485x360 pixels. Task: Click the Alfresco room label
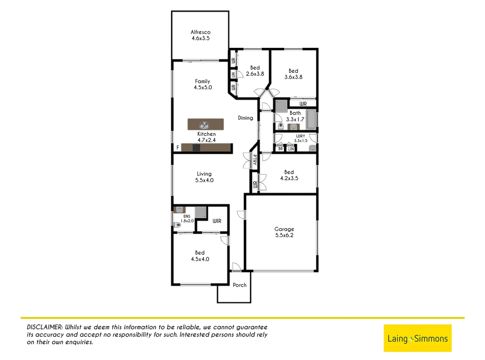click(x=200, y=35)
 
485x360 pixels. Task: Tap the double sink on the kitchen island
click(x=204, y=125)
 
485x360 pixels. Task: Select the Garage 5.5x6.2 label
click(x=284, y=232)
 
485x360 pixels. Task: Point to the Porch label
click(x=240, y=285)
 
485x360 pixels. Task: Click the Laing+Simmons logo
click(x=417, y=338)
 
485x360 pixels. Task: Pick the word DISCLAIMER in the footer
click(x=45, y=327)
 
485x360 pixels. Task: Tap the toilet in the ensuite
click(x=177, y=225)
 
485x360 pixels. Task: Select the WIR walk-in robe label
click(x=217, y=221)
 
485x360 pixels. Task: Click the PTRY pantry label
click(x=255, y=160)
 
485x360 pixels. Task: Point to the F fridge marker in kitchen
click(x=178, y=147)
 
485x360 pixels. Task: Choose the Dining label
click(x=245, y=118)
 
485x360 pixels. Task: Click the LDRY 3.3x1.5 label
click(x=300, y=138)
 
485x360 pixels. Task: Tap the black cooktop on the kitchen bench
click(x=196, y=147)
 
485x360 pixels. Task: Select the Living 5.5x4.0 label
click(x=204, y=177)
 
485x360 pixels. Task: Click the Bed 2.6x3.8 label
click(x=255, y=71)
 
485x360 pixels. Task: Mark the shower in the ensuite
click(x=201, y=212)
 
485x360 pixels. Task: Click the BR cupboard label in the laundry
click(x=280, y=149)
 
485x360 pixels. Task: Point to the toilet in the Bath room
click(x=281, y=126)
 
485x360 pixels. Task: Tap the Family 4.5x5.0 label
click(x=203, y=84)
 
